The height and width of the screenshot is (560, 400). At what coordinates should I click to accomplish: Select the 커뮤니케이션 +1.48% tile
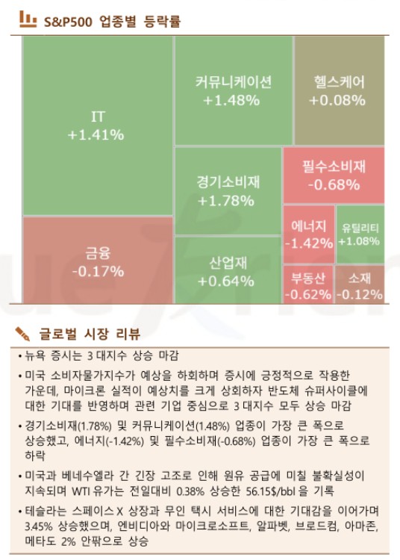click(x=234, y=90)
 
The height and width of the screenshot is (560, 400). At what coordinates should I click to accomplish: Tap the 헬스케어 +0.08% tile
click(x=340, y=90)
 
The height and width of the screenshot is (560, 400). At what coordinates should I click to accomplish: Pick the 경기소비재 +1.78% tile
click(x=228, y=190)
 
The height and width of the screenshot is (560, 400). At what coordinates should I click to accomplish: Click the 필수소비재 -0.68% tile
click(x=334, y=175)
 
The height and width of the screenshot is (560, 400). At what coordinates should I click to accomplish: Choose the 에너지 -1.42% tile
click(x=307, y=234)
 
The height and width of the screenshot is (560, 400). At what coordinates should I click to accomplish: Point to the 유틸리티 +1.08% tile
click(x=360, y=234)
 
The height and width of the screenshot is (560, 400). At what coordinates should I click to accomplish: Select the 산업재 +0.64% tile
click(x=228, y=271)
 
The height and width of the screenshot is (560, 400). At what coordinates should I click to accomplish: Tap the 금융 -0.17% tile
click(x=97, y=261)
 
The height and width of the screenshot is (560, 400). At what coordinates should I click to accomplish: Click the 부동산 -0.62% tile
click(x=307, y=285)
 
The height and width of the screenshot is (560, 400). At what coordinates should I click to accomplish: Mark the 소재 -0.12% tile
click(x=360, y=285)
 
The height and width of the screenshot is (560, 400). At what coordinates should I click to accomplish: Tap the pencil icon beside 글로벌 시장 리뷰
click(x=23, y=332)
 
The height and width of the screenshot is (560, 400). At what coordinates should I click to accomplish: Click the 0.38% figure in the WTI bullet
click(x=193, y=490)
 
